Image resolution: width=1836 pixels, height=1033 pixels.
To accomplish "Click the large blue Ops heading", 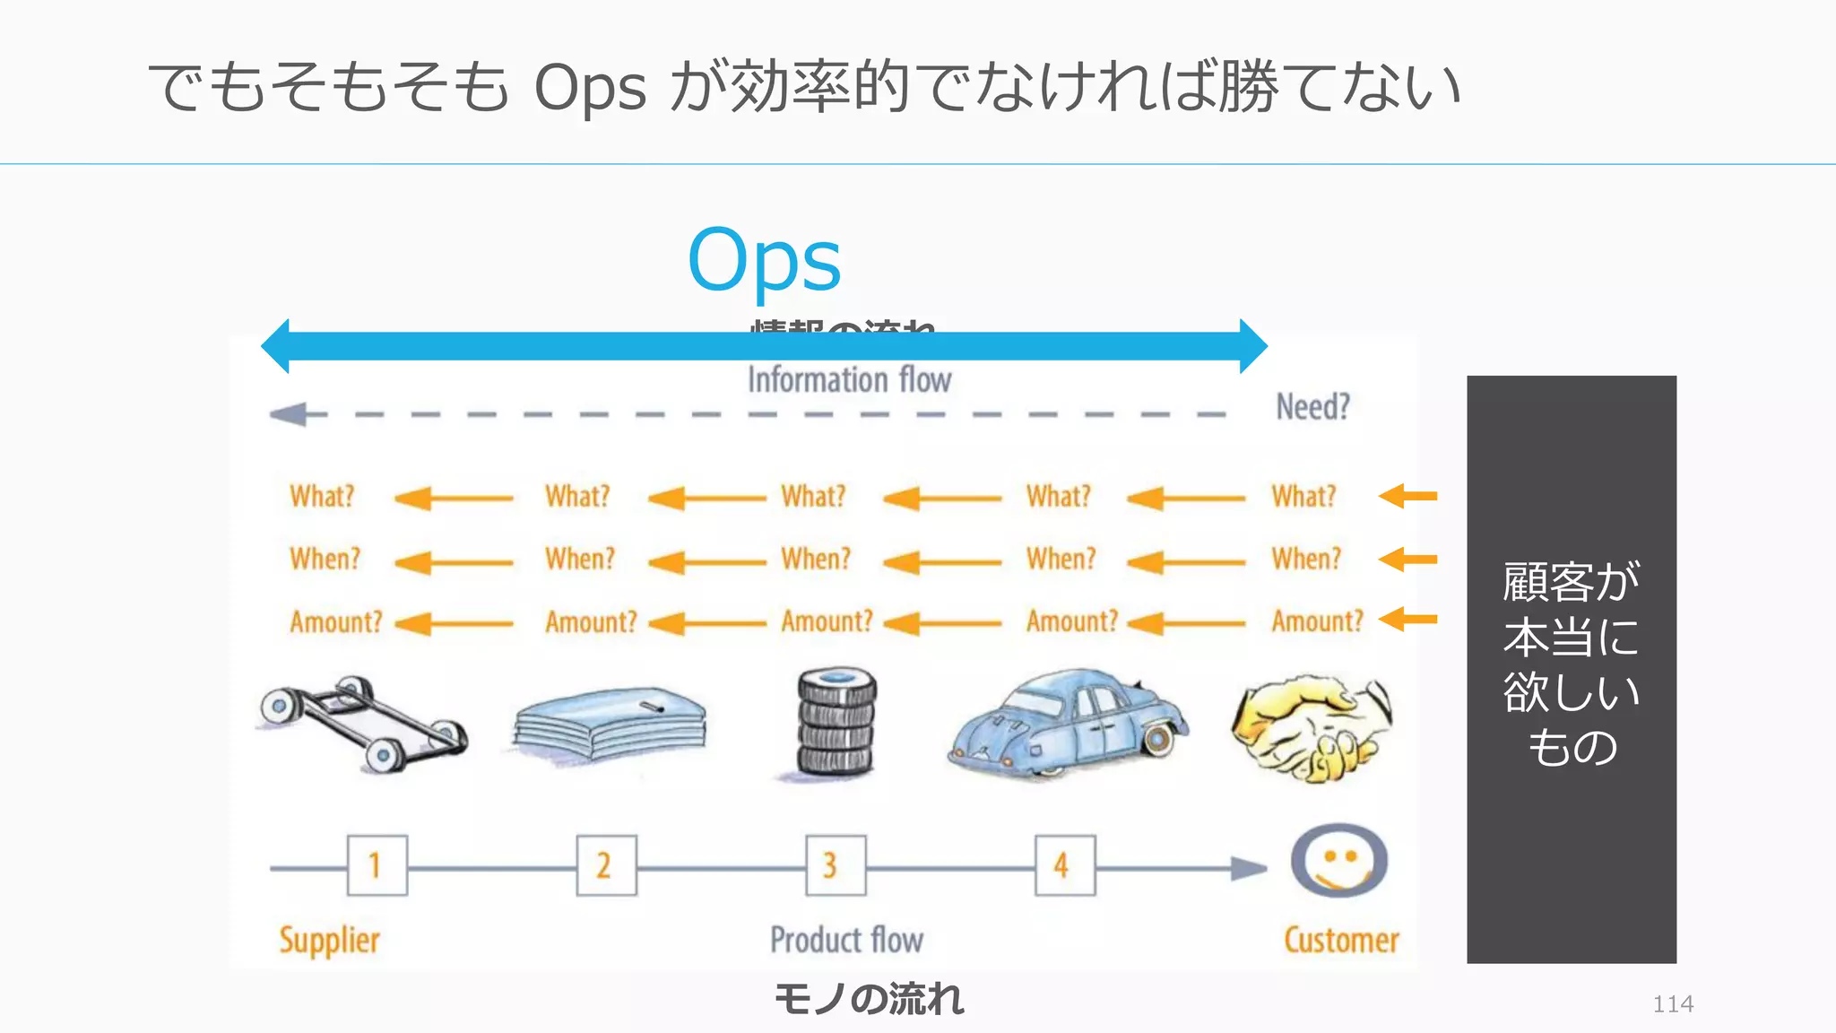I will (x=764, y=260).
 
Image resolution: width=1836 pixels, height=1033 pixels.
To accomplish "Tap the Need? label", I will (x=1312, y=407).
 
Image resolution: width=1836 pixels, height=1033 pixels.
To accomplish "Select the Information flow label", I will (x=849, y=380).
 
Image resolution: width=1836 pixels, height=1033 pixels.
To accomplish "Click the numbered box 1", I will (x=377, y=865).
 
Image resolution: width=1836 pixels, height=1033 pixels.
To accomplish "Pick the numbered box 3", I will (x=836, y=865).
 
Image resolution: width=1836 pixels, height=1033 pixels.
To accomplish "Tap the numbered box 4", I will (x=1064, y=865).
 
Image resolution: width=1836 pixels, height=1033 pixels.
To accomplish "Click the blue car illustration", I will (x=1067, y=725).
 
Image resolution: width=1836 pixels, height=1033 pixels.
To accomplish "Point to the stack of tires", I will (x=836, y=723).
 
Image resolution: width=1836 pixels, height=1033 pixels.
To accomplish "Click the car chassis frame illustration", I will (x=363, y=723).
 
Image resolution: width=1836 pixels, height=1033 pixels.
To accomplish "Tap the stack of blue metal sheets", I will (x=610, y=725).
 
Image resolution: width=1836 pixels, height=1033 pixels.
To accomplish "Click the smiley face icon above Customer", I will (x=1338, y=861).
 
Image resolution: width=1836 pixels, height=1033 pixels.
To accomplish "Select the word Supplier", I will (x=329, y=941).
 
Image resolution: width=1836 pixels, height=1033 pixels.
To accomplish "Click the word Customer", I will (x=1340, y=941).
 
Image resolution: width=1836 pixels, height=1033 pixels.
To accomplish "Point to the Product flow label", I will (x=846, y=940).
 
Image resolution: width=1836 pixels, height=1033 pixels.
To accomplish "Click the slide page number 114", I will (x=1673, y=1003).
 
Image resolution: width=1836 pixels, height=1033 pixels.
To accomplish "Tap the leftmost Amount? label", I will (x=335, y=621).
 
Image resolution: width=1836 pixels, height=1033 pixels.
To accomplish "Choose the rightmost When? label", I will (x=1306, y=559).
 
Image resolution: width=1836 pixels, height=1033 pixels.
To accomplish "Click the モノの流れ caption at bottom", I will (x=868, y=999).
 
